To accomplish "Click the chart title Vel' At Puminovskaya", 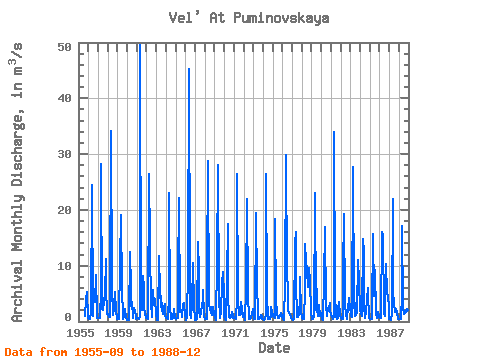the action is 249,18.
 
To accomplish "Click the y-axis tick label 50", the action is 64,47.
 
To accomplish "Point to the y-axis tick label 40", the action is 64,98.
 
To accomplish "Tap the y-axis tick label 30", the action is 64,154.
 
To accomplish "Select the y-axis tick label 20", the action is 64,210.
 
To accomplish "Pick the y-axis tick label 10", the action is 64,266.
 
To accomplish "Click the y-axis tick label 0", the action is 68,317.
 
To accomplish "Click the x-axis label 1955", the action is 80,333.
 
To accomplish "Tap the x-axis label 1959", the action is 119,333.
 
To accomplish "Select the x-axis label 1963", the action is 157,333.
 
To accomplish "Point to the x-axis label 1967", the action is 196,333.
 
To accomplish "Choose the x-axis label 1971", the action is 235,333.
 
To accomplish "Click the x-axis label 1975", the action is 274,333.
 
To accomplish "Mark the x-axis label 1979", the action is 313,333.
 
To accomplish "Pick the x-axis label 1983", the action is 352,333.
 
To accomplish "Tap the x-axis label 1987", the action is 390,333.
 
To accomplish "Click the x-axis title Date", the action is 274,348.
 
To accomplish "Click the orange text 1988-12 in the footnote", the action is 176,352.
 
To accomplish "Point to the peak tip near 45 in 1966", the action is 189,69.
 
